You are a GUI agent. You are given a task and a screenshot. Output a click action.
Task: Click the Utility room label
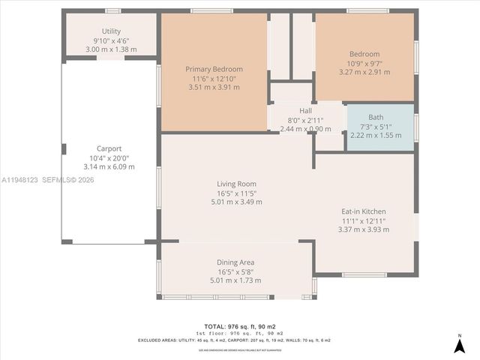pyautogui.click(x=111, y=31)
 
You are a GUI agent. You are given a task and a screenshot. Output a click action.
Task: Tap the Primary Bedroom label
pyautogui.click(x=214, y=69)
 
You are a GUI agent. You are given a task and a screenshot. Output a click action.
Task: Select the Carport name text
pyautogui.click(x=109, y=148)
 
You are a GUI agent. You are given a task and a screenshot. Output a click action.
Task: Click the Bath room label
pyautogui.click(x=376, y=117)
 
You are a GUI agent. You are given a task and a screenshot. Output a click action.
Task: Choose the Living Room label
pyautogui.click(x=236, y=184)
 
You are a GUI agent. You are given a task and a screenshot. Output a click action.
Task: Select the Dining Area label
pyautogui.click(x=235, y=262)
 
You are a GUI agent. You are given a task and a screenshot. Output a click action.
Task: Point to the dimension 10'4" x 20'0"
pyautogui.click(x=109, y=157)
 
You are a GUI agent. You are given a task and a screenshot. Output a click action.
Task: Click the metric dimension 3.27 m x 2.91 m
pyautogui.click(x=364, y=72)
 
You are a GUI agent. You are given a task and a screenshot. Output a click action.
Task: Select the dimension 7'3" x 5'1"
pyautogui.click(x=376, y=126)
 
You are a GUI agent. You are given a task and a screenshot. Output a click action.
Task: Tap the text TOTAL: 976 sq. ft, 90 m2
pyautogui.click(x=240, y=326)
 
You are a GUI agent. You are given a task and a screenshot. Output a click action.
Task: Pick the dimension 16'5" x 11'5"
pyautogui.click(x=236, y=193)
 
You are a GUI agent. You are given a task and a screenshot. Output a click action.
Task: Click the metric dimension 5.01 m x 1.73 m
pyautogui.click(x=235, y=280)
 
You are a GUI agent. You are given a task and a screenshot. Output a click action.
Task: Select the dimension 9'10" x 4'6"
pyautogui.click(x=111, y=40)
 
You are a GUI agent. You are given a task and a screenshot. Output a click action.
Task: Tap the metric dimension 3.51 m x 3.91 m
pyautogui.click(x=214, y=87)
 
